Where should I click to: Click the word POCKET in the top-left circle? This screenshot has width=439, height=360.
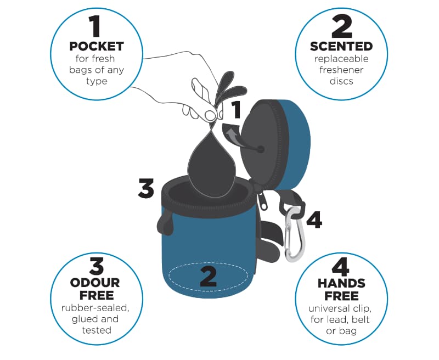[x=97, y=47]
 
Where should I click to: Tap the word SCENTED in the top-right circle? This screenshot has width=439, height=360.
[x=341, y=47]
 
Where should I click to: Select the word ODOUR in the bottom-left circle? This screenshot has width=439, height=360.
[x=95, y=283]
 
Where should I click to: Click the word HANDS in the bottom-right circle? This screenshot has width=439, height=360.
[x=341, y=283]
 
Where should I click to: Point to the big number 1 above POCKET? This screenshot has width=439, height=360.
[x=95, y=26]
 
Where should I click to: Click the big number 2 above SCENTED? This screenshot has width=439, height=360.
[x=342, y=26]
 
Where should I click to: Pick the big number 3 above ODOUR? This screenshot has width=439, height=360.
[x=97, y=266]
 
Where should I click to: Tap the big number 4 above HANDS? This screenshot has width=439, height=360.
[x=340, y=266]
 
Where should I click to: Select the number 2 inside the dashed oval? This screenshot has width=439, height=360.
[x=209, y=277]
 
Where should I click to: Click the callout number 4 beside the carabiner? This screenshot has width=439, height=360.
[x=314, y=220]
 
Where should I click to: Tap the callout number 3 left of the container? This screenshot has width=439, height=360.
[x=146, y=188]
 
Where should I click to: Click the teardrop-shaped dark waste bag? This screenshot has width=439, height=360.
[x=212, y=165]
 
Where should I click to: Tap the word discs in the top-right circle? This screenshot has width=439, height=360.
[x=341, y=81]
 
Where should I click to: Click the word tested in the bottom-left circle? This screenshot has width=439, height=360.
[x=97, y=330]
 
